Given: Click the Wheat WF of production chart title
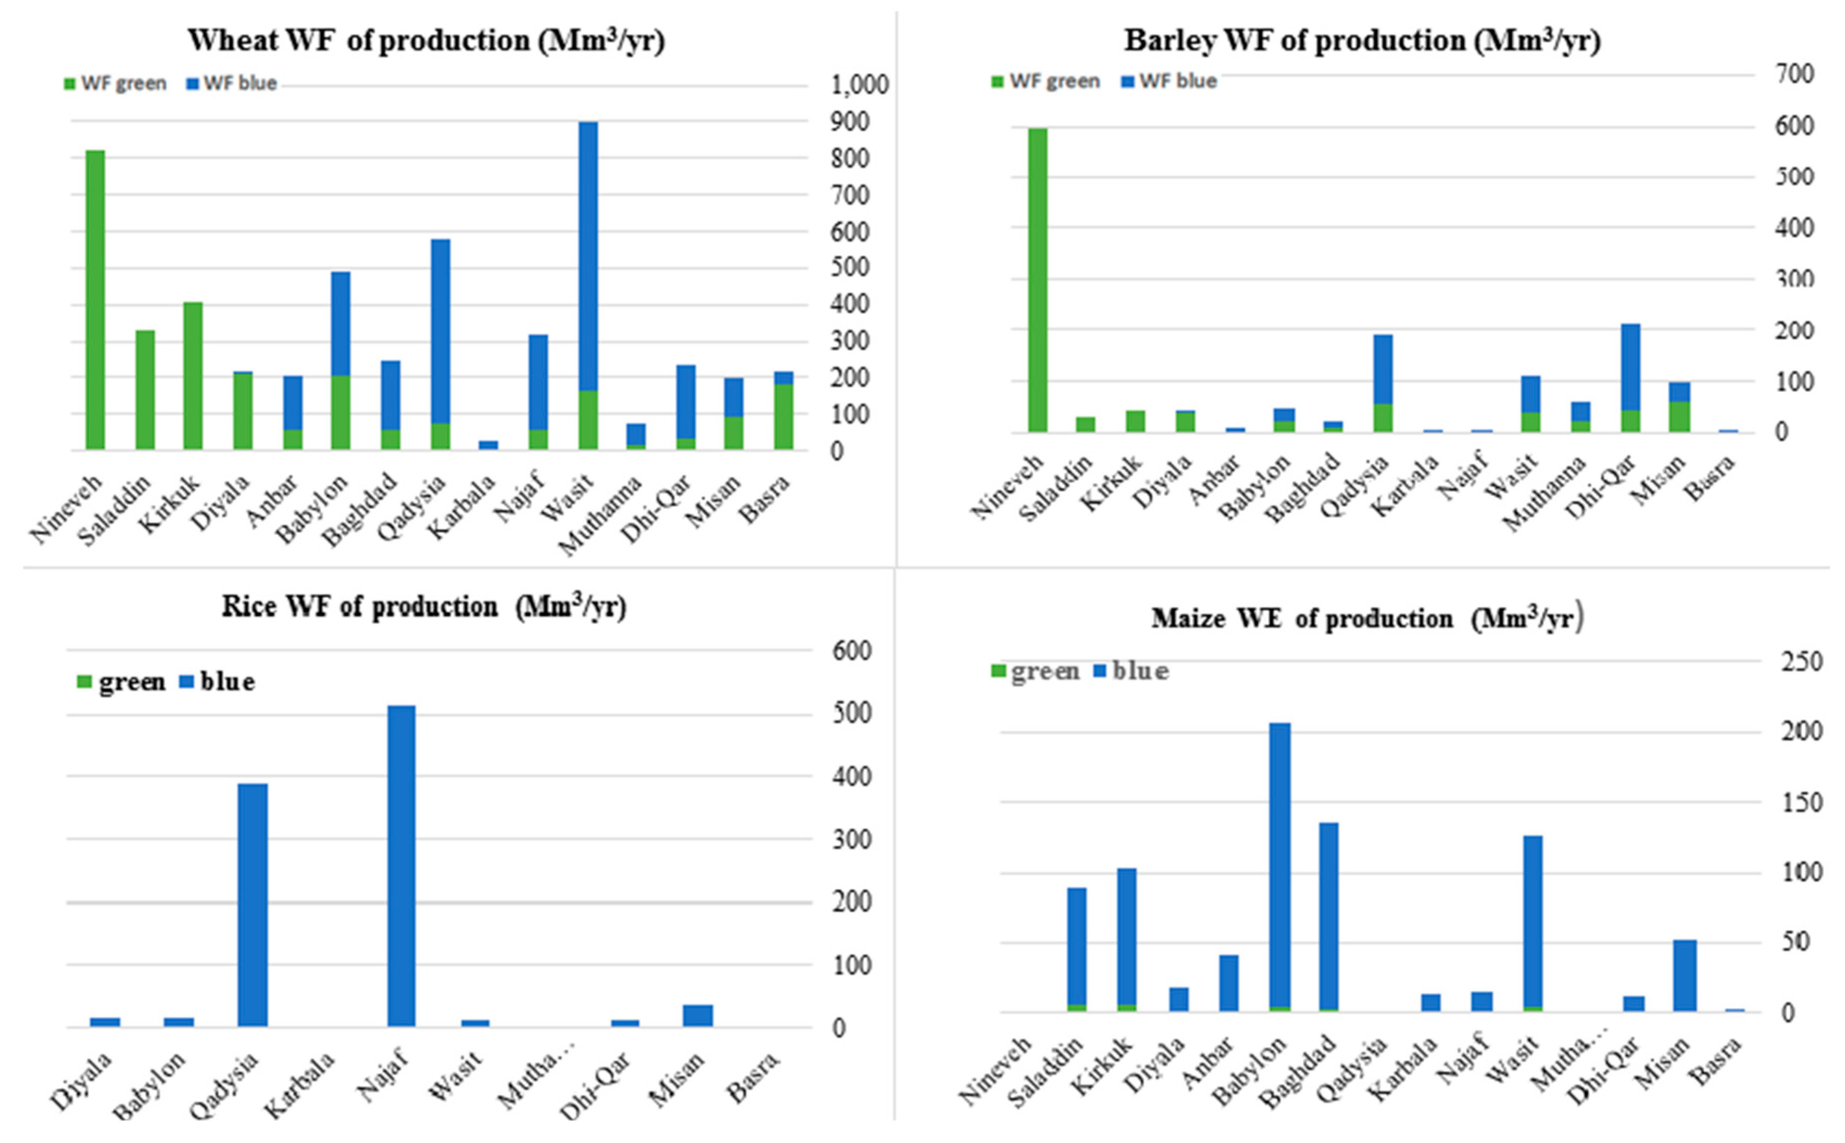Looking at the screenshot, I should [426, 41].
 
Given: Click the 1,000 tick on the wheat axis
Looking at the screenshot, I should [860, 84].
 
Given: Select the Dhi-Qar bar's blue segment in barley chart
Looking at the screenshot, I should [1630, 367].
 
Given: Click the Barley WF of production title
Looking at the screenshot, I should [1362, 41].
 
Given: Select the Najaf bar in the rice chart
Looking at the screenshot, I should [401, 866].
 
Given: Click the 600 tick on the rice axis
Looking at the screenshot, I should [851, 651].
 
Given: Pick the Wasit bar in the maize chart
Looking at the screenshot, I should [1532, 922].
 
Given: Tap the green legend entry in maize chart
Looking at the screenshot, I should [1035, 671].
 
